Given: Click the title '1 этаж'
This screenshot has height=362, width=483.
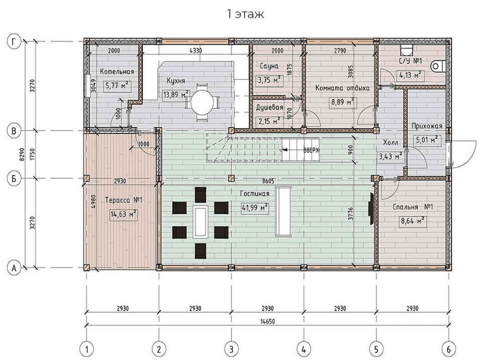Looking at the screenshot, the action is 245,14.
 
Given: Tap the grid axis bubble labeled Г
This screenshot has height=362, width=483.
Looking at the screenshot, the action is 14,42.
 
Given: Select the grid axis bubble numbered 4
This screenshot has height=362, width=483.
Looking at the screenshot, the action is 304,349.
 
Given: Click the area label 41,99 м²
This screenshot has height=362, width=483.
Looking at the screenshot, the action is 254,208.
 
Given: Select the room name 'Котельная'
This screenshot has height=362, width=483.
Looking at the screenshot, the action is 117,72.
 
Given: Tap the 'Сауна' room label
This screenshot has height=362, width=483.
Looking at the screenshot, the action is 269,66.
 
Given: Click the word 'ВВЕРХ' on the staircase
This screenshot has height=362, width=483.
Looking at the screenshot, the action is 312,151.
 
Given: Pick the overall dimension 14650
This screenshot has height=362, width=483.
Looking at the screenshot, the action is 267,321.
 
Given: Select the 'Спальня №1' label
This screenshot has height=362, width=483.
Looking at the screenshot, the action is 413,207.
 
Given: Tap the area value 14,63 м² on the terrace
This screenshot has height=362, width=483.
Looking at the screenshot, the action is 124,213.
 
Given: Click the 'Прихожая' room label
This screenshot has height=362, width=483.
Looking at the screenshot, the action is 427,126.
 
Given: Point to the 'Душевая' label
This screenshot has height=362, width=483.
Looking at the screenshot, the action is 269,107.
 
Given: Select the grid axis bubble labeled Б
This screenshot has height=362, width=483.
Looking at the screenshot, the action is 14,179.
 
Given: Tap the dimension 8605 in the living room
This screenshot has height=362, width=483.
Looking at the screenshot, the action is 268,181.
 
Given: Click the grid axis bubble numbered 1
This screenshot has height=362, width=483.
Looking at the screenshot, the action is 86,349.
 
